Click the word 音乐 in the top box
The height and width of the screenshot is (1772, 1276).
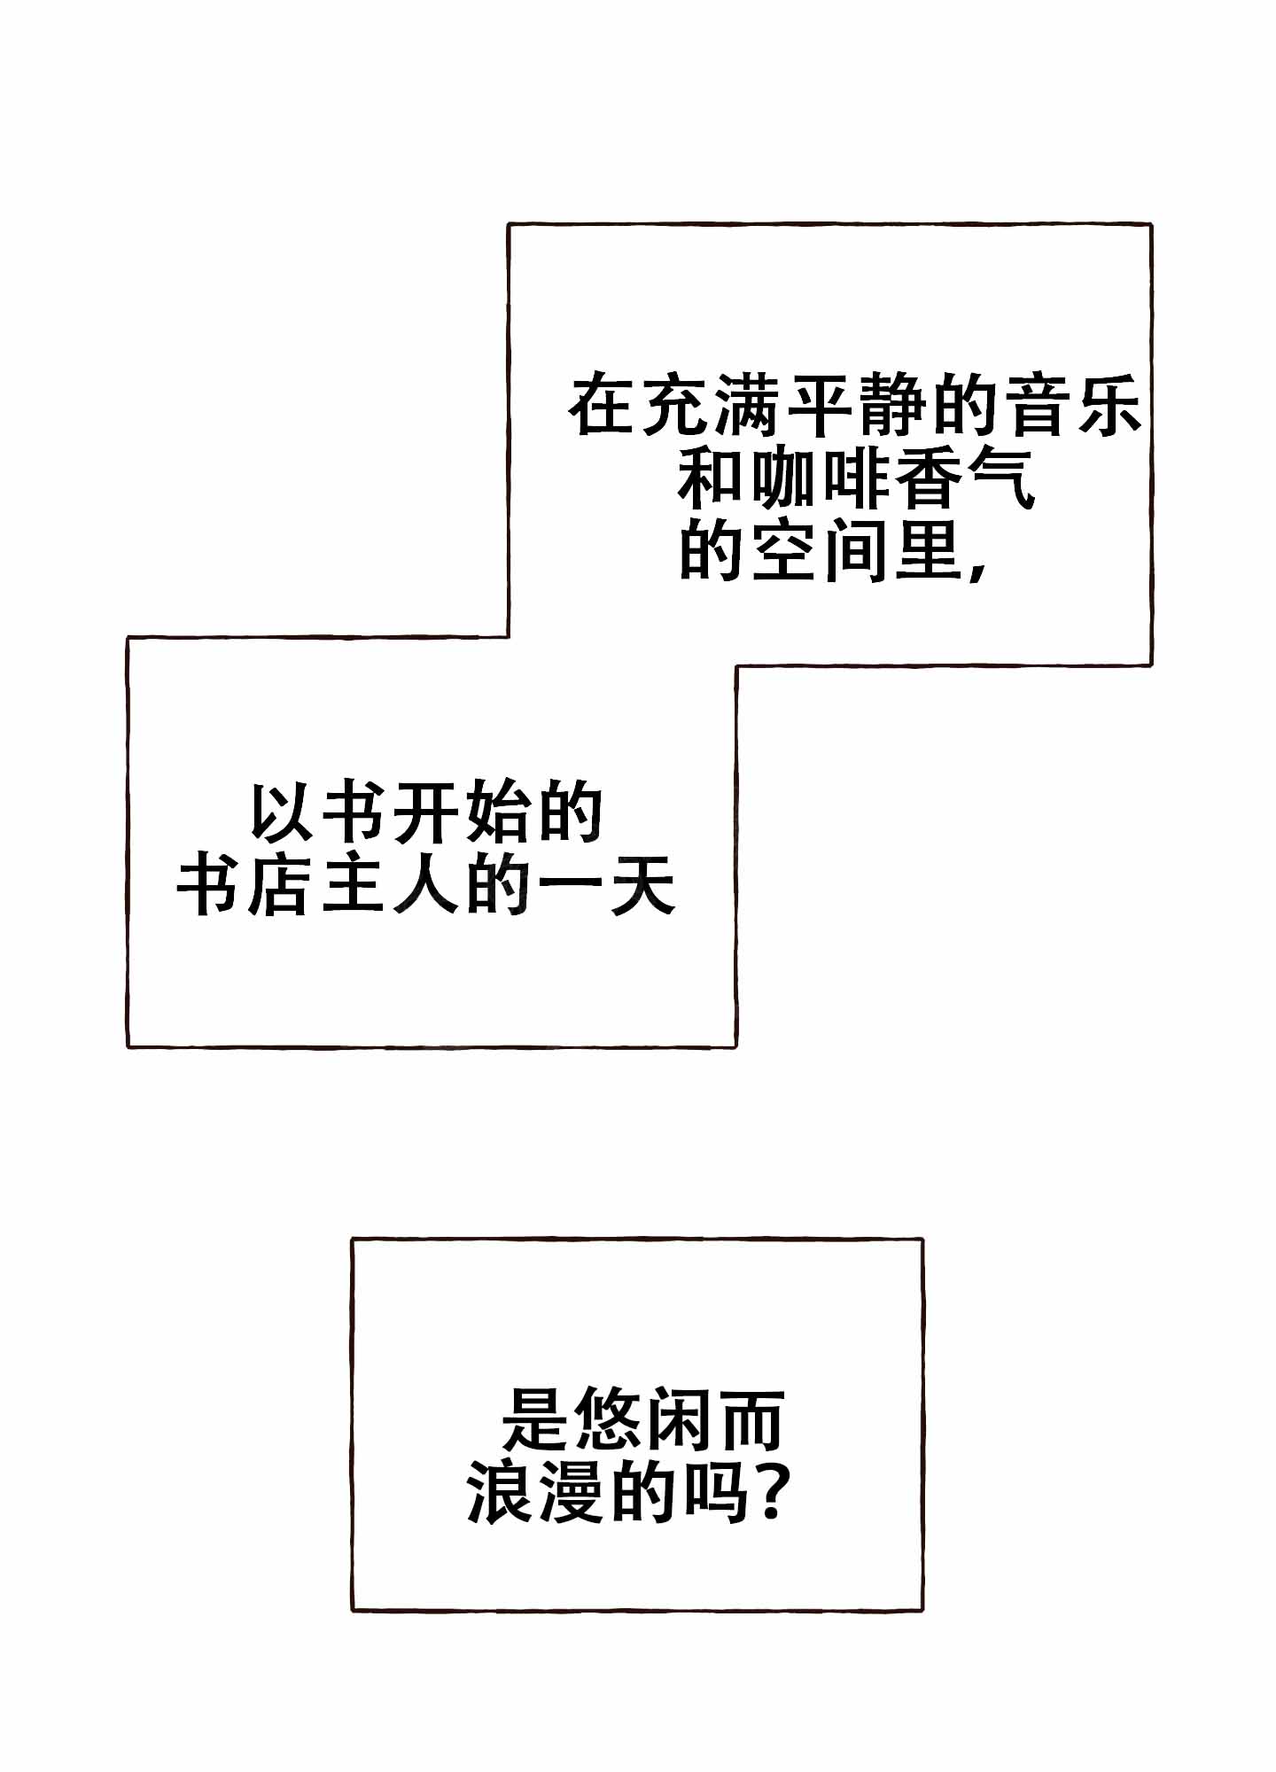click(x=1075, y=407)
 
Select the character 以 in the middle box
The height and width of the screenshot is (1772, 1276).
click(x=282, y=812)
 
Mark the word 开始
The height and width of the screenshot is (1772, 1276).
click(x=463, y=812)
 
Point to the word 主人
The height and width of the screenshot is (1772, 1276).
click(x=390, y=885)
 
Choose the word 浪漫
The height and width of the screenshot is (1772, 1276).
click(x=534, y=1494)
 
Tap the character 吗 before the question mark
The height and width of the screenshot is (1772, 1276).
click(x=716, y=1494)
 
